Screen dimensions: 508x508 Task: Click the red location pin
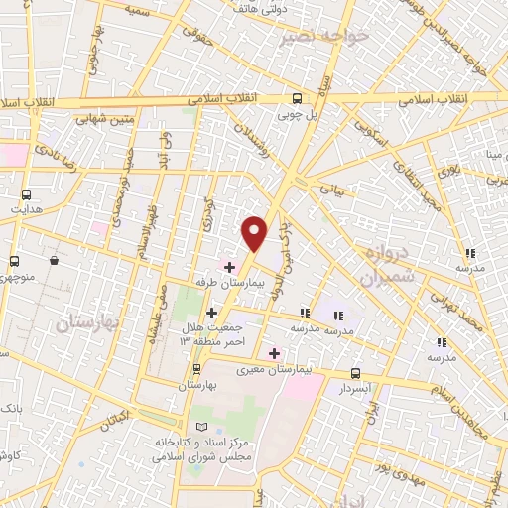click(255, 233)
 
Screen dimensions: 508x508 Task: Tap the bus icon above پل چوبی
click(296, 98)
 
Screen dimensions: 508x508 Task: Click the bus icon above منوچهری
click(14, 260)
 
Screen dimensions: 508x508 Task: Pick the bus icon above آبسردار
click(355, 374)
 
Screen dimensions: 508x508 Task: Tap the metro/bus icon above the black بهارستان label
click(194, 369)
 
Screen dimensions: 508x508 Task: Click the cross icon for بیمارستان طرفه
click(229, 267)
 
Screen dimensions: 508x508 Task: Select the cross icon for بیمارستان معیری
click(275, 353)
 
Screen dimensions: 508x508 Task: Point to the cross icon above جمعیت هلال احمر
click(211, 313)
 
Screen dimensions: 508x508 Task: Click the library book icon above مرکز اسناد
click(202, 426)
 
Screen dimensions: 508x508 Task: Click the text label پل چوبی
click(296, 114)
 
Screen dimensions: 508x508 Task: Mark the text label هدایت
click(24, 210)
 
